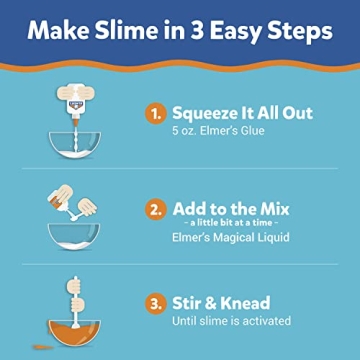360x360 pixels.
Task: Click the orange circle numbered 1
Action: [x=154, y=115]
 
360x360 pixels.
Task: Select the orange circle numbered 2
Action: [x=154, y=210]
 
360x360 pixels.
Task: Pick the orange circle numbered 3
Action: [x=154, y=303]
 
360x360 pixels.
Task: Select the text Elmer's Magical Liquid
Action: [x=232, y=239]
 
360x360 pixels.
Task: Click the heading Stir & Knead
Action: [x=220, y=302]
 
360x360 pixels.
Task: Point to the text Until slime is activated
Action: [x=231, y=321]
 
